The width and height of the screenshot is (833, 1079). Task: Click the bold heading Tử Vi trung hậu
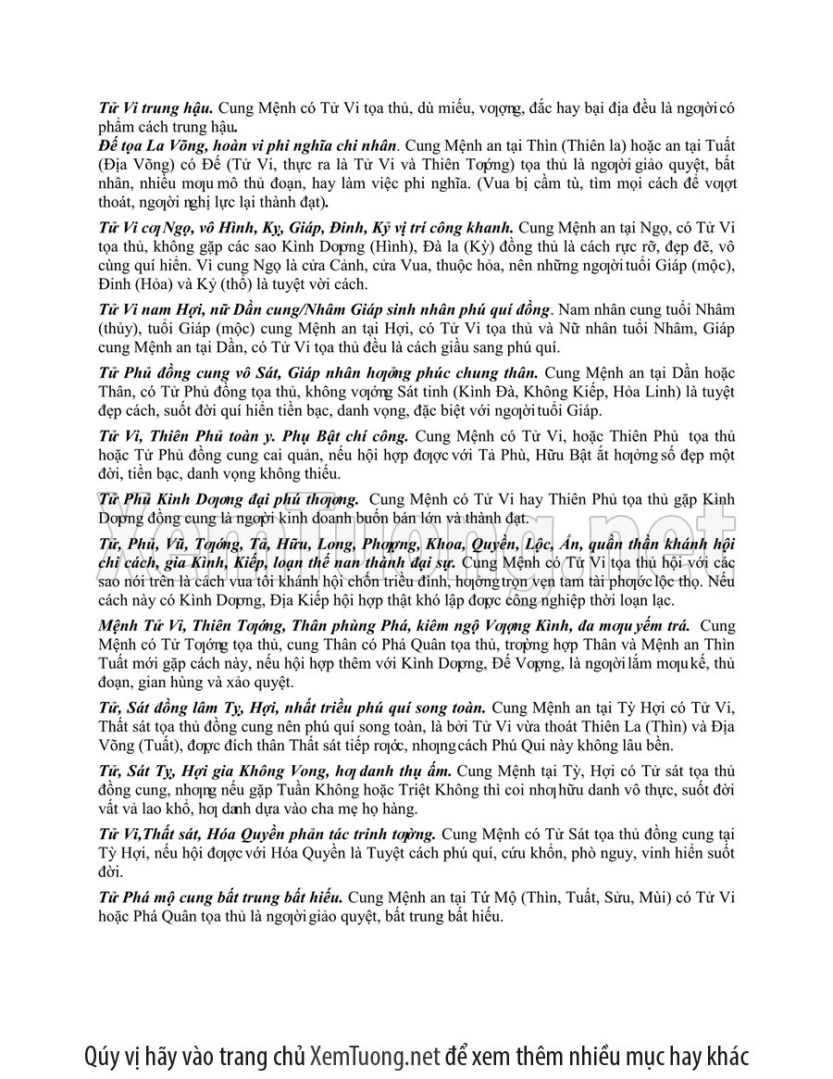[x=157, y=108]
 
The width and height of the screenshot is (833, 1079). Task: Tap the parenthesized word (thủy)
[x=119, y=329]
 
